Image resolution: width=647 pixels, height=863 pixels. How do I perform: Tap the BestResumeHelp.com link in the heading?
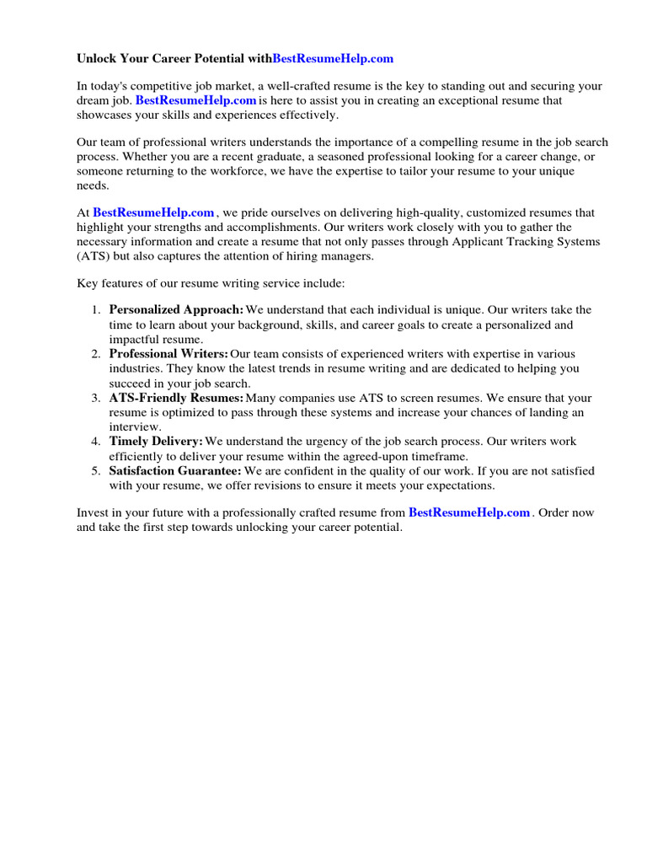click(333, 59)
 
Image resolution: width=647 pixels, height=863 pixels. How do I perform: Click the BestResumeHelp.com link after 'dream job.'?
click(195, 100)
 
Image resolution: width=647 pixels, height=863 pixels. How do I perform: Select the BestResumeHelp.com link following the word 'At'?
click(153, 213)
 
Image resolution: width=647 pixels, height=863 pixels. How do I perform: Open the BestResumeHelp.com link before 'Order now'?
click(469, 512)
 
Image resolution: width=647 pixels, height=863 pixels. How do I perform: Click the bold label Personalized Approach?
click(176, 310)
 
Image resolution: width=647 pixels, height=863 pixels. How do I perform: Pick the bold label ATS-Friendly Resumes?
click(176, 398)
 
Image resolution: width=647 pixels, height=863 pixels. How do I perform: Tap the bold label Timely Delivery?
click(156, 442)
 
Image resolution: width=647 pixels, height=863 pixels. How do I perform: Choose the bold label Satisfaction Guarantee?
click(175, 471)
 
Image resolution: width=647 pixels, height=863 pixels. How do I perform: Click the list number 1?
click(96, 310)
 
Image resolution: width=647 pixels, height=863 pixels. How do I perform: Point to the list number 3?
click(96, 398)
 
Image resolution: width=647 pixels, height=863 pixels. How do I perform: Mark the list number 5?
click(96, 471)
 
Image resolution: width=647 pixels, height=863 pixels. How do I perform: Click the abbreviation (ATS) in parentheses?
click(92, 256)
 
